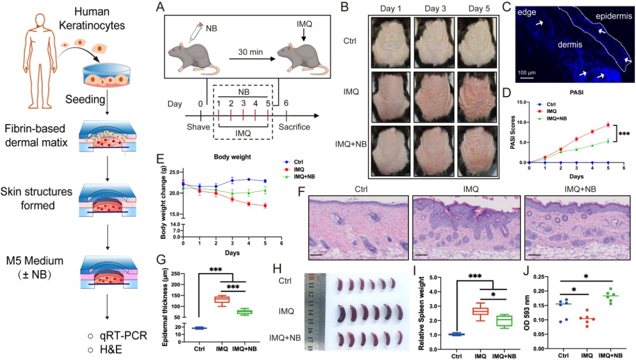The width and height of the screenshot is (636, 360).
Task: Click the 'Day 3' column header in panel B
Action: pos(431,10)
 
